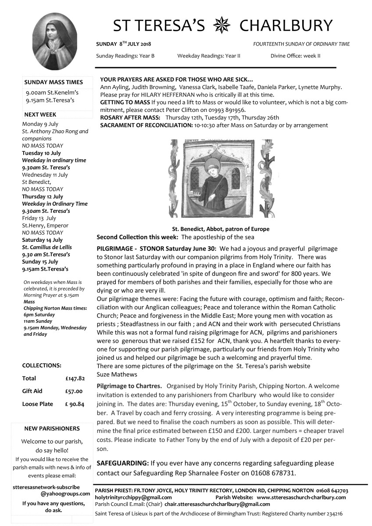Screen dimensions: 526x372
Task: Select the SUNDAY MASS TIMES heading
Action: coord(54,82)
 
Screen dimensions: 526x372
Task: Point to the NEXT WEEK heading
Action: coord(40,115)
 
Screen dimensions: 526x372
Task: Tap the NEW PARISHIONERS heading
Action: coord(51,429)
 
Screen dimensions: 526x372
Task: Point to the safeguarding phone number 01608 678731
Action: coord(274,473)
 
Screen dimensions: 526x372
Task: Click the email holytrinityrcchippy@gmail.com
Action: coord(133,497)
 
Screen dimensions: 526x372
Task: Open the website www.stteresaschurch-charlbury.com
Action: coord(301,497)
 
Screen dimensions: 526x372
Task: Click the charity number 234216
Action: coord(332,513)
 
